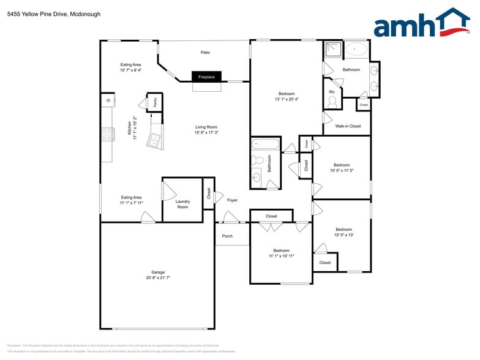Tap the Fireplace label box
pyautogui.click(x=206, y=77)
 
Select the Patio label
pyautogui.click(x=205, y=53)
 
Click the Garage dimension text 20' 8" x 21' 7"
pyautogui.click(x=158, y=278)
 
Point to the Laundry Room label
pyautogui.click(x=182, y=204)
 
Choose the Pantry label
pyautogui.click(x=155, y=103)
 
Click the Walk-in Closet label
pyautogui.click(x=348, y=126)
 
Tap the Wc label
pyautogui.click(x=332, y=92)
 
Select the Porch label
pyautogui.click(x=227, y=236)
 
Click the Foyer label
pyautogui.click(x=232, y=200)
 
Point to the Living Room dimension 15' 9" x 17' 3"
pyautogui.click(x=206, y=132)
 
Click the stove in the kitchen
pyautogui.click(x=107, y=134)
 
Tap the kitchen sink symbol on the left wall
pyautogui.click(x=108, y=100)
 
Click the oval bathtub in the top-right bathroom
pyautogui.click(x=356, y=49)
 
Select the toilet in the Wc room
pyautogui.click(x=332, y=103)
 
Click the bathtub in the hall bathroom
pyautogui.click(x=265, y=145)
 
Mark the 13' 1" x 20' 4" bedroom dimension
pyautogui.click(x=287, y=99)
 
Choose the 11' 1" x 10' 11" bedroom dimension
pyautogui.click(x=281, y=256)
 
